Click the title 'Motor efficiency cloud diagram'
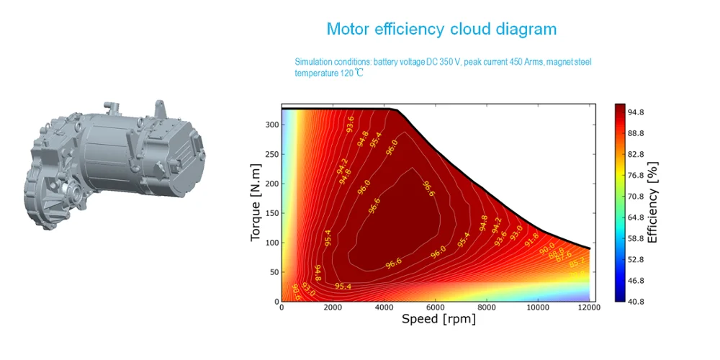(x=441, y=30)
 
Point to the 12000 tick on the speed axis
(x=590, y=308)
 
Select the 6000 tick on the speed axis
(x=436, y=308)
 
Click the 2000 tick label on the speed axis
(x=333, y=308)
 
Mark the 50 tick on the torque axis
(x=273, y=272)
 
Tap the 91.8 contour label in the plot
(x=531, y=239)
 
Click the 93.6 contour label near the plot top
(x=350, y=124)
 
